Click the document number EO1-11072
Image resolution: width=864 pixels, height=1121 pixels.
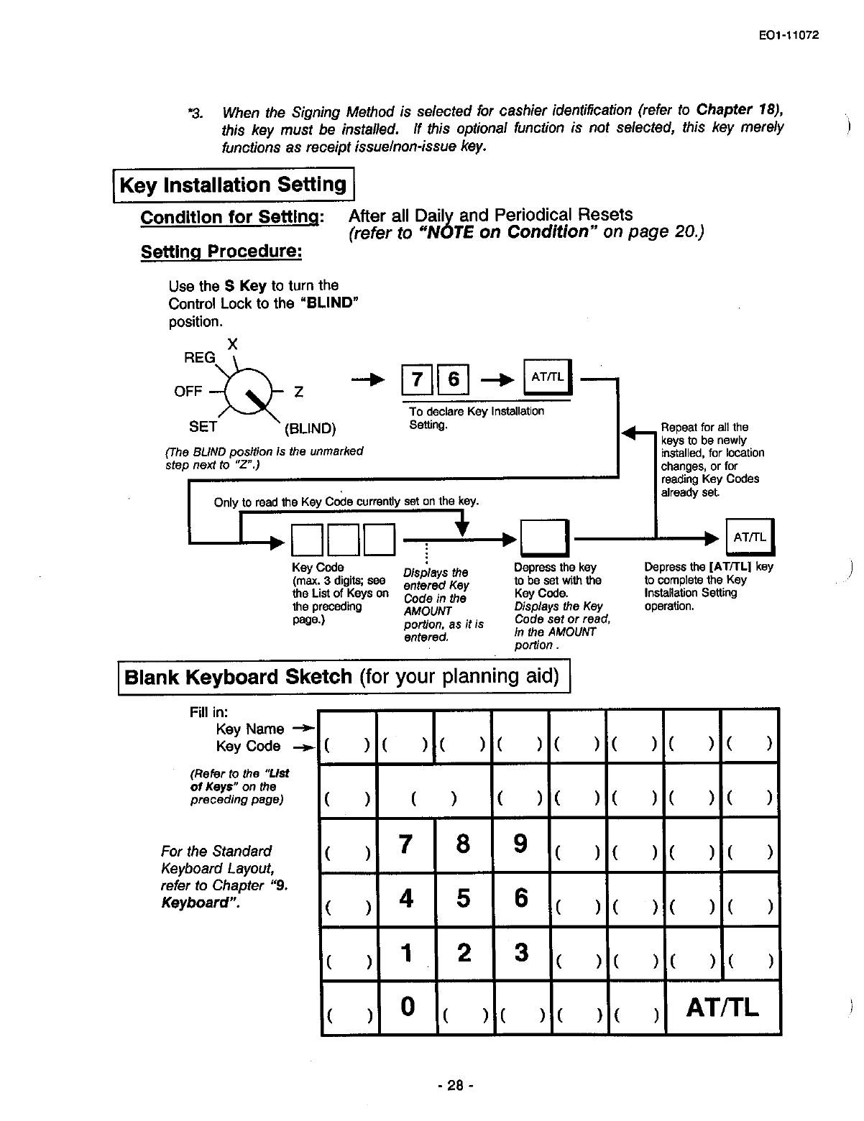click(x=788, y=35)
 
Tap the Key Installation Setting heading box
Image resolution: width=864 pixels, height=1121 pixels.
click(x=234, y=185)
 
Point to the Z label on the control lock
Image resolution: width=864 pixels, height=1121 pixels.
click(x=298, y=392)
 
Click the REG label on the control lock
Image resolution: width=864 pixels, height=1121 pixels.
click(x=200, y=358)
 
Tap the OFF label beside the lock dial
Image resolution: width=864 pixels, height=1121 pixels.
click(x=188, y=392)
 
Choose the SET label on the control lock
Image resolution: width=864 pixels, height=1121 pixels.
click(x=203, y=427)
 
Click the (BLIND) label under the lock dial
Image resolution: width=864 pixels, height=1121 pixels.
click(x=311, y=429)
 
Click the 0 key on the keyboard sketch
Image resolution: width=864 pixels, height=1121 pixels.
click(x=407, y=1006)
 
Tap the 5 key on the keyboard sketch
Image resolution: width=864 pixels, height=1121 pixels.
click(x=464, y=898)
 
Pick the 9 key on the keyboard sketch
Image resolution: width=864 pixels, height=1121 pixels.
click(x=521, y=843)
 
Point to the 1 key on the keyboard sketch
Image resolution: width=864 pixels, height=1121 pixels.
click(x=407, y=953)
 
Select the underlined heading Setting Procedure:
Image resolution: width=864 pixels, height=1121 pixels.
click(x=221, y=252)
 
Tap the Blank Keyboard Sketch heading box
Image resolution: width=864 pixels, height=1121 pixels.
click(x=342, y=678)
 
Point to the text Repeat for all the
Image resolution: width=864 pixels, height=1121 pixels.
click(x=704, y=427)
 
